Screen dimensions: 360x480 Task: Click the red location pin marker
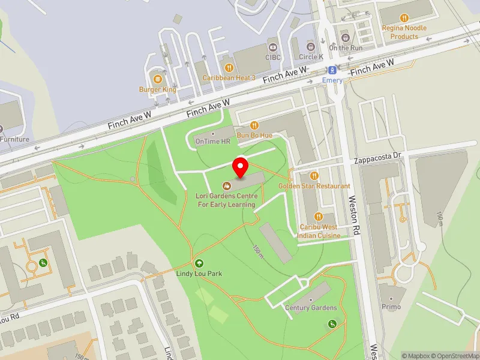[x=241, y=166]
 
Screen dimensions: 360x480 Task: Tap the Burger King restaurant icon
[x=157, y=79]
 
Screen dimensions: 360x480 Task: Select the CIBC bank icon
[x=273, y=47]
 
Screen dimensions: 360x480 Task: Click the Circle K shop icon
[x=310, y=47]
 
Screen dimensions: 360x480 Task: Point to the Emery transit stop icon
[x=332, y=70]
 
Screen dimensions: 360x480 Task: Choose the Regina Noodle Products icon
[x=404, y=18]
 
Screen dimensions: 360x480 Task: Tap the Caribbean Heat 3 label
[x=229, y=78]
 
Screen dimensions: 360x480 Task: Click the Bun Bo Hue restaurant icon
[x=255, y=125]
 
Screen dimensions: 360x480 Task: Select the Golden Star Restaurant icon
[x=314, y=175]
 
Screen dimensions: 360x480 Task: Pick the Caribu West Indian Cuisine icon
[x=319, y=217]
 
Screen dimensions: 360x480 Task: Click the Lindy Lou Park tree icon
[x=199, y=263]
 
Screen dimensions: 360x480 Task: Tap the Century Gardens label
[x=311, y=308]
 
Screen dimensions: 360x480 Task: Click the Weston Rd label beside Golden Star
[x=353, y=207]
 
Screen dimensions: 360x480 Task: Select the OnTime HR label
[x=213, y=142]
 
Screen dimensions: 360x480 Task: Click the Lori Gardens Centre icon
[x=227, y=186]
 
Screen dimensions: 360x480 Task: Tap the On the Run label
[x=347, y=47]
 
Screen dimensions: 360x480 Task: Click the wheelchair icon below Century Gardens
[x=333, y=324]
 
